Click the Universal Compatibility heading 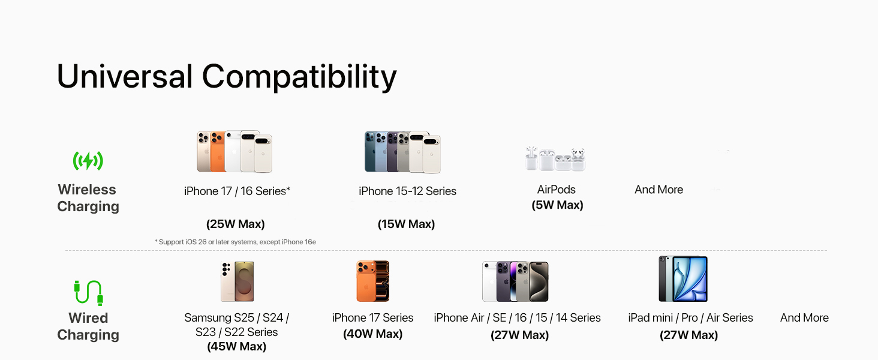227,77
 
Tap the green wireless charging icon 88,161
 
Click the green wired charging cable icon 88,293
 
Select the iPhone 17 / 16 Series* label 237,191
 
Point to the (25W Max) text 236,224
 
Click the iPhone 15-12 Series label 407,191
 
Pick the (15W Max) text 406,224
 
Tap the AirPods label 557,190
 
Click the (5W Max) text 557,205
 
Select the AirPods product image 555,158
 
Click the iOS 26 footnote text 235,242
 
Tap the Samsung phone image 237,281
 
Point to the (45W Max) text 236,346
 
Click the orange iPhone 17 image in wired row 372,281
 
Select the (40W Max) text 372,334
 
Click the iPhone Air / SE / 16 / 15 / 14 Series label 517,318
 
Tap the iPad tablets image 682,279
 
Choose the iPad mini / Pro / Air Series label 690,318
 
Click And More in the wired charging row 804,318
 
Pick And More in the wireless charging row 659,190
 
